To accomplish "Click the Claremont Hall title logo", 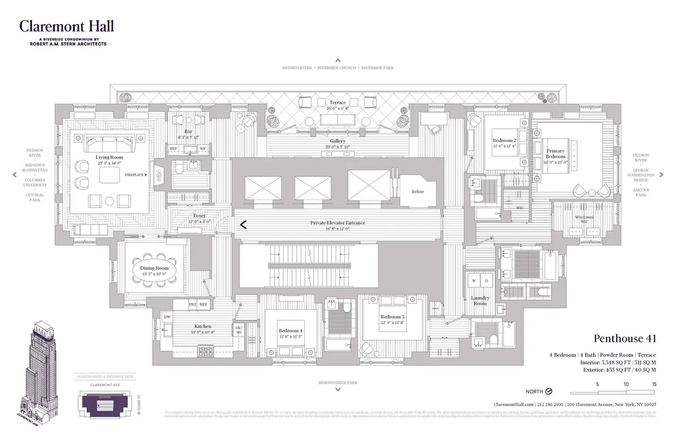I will (x=66, y=26).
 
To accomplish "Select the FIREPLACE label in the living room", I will (x=135, y=175).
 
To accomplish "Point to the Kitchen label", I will (x=203, y=326).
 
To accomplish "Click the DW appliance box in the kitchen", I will (x=167, y=317).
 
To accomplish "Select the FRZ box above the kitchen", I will (x=193, y=305).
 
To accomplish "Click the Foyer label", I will (x=199, y=216).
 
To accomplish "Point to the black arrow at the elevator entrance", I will (x=243, y=225).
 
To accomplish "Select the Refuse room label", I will (x=417, y=191).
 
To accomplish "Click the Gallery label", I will (x=338, y=141).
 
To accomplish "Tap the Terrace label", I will (x=338, y=102).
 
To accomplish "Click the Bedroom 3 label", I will (x=392, y=317).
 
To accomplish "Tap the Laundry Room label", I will (x=480, y=300).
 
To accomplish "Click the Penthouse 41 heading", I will (x=625, y=338).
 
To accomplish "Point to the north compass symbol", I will (x=548, y=391).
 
